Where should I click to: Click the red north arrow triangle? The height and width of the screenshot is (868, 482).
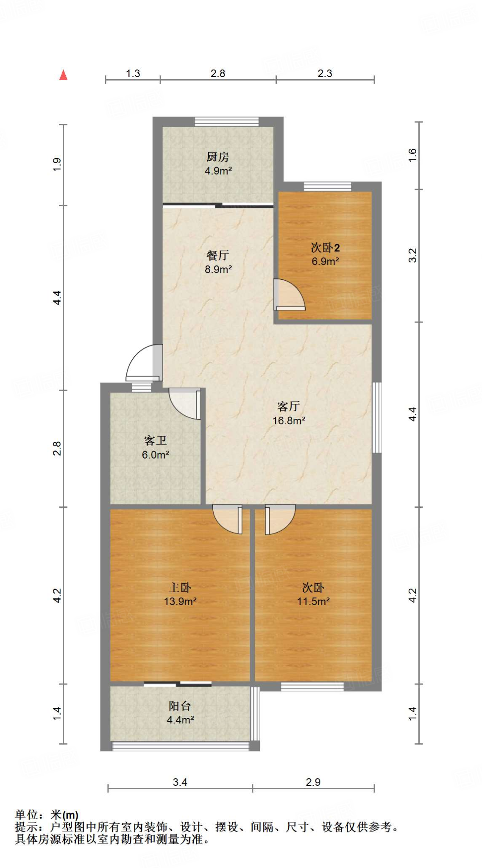[64, 75]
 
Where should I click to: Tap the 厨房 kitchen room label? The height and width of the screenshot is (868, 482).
[218, 157]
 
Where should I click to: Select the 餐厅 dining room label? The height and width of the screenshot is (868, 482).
[218, 255]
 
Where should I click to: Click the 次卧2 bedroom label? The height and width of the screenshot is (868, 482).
[325, 248]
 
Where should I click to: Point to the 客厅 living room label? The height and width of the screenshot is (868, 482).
[288, 406]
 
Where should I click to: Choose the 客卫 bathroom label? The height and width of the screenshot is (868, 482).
[155, 441]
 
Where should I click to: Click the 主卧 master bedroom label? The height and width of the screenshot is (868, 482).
[180, 587]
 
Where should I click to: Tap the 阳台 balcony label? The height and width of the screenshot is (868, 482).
[180, 706]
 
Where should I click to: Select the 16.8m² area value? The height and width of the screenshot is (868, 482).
[289, 420]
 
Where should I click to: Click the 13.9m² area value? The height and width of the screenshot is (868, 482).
[180, 601]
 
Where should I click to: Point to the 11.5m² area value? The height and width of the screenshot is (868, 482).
[313, 601]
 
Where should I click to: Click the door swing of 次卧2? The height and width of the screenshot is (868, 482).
[290, 295]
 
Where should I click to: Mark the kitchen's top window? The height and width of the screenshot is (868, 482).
[226, 122]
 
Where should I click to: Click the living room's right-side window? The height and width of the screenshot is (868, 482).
[376, 418]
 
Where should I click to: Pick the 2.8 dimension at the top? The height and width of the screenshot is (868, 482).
[218, 73]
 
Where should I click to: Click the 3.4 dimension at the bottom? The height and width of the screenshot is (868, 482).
[180, 782]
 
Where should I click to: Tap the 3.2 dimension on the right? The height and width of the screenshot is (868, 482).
[412, 255]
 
